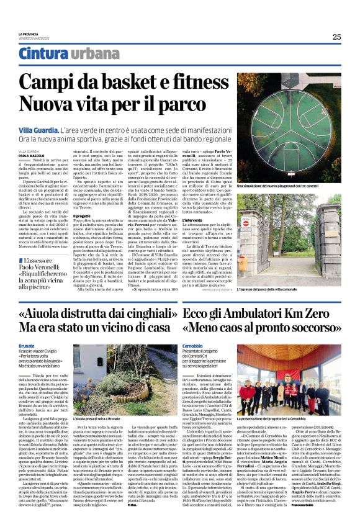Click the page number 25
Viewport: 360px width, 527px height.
tap(336, 37)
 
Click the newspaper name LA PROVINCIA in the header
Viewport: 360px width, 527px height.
tap(29, 34)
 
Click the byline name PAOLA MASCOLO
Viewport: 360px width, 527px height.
tap(30, 156)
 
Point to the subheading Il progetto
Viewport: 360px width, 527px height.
tap(83, 216)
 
